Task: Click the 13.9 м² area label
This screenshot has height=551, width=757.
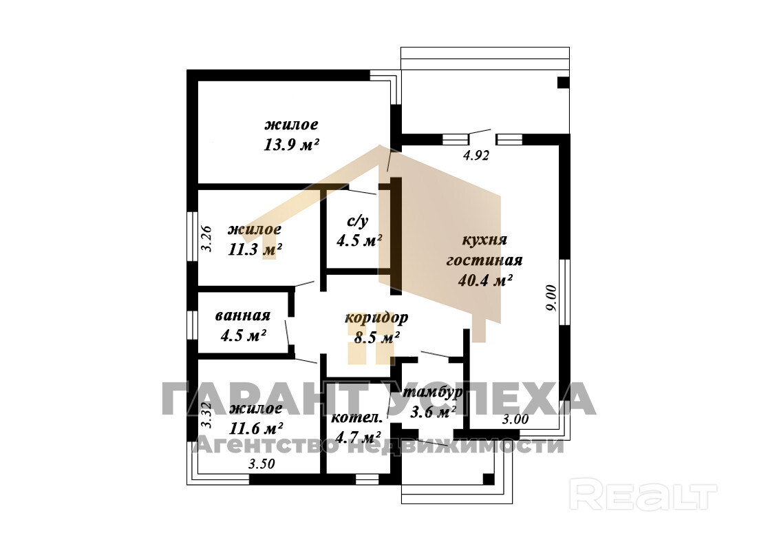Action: pos(291,145)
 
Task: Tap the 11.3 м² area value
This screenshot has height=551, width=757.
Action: pos(255,249)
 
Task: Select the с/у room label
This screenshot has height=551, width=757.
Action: pos(358,221)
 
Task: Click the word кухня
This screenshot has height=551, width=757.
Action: pos(484,240)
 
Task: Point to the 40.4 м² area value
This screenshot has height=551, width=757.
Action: pos(484,280)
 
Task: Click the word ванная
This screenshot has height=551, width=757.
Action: pos(242,315)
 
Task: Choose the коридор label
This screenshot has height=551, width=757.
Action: pos(376,318)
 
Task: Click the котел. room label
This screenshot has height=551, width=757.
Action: pos(356,418)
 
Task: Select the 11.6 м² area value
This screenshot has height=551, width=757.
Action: pos(256,428)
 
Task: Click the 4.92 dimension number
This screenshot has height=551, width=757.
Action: pos(476,155)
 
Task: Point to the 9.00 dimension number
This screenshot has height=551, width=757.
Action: pos(552,298)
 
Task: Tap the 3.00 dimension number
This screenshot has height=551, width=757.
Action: pos(515,419)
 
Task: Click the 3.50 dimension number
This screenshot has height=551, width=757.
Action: pos(262,464)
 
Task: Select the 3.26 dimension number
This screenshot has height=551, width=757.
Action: pos(206,239)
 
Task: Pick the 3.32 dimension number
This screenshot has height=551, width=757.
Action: pos(206,416)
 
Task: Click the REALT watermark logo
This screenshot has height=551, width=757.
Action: pos(643,494)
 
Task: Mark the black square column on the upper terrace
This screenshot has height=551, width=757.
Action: pos(564,82)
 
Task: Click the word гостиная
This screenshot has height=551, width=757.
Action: pos(484,260)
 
